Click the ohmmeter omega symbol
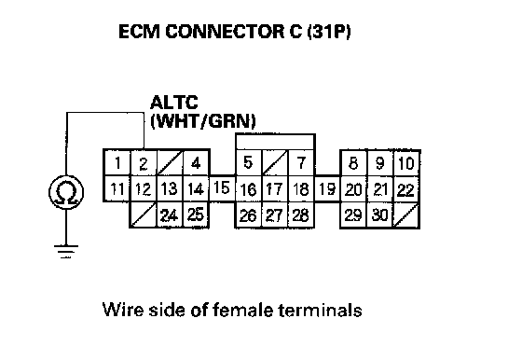pos(66,192)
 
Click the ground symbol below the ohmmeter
pos(66,252)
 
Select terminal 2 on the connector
pos(144,163)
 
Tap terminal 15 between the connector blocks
pos(222,188)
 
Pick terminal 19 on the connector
pos(327,188)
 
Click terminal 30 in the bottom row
pos(380,215)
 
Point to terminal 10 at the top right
pos(406,163)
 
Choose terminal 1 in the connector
pos(117,163)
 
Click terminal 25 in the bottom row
pos(196,215)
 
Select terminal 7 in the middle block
pos(301,163)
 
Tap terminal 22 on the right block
pos(406,189)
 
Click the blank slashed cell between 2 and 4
pos(170,163)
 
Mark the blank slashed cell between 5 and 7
pos(275,163)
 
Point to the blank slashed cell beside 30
pos(406,215)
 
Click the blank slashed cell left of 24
pos(144,215)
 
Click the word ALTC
pos(174,103)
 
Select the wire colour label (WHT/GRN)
pos(203,121)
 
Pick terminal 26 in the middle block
pos(248,215)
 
